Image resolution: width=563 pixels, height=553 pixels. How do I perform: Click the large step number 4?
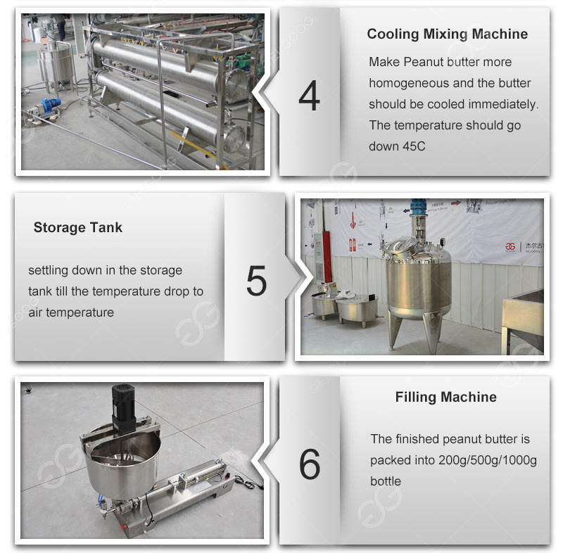[309, 96]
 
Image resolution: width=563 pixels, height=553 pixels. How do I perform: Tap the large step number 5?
[256, 280]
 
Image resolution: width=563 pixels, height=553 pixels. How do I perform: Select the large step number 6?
[310, 464]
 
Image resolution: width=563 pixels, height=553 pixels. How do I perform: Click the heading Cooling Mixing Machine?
[448, 34]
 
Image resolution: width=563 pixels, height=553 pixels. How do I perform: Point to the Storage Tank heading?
[78, 227]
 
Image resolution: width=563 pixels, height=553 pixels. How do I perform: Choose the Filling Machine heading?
[446, 398]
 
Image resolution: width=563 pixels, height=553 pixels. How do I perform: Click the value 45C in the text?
[414, 146]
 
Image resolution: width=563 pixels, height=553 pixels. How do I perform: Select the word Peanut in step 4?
[422, 62]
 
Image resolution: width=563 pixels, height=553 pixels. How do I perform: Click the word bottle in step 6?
[386, 481]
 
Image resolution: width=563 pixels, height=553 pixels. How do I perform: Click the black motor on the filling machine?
[124, 407]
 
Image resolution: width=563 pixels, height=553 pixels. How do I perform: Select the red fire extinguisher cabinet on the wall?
[327, 257]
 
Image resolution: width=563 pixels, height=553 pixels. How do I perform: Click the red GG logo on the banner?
[510, 246]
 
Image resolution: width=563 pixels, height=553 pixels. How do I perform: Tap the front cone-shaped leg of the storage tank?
[431, 330]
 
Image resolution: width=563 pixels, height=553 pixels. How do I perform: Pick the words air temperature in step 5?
[71, 312]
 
